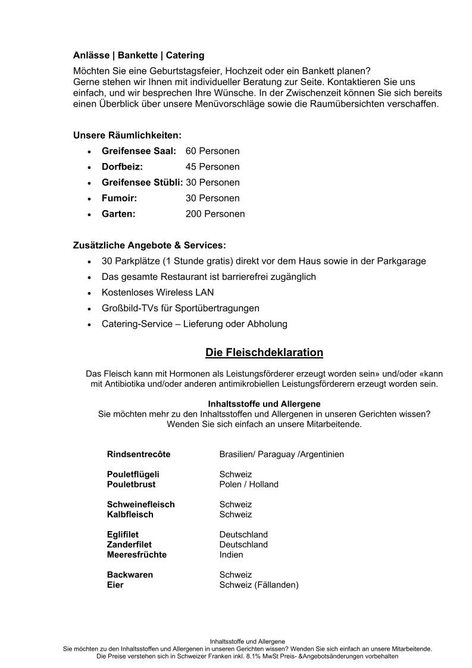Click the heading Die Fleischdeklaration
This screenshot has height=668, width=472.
coord(264,352)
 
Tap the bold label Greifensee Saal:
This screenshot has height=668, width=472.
coord(139,151)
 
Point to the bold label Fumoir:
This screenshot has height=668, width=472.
coord(119,198)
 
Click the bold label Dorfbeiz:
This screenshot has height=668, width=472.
coord(122,167)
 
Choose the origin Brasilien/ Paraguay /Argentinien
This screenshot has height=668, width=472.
coord(281,454)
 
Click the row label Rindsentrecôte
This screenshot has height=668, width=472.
coord(139,454)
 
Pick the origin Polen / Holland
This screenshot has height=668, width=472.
coord(248,485)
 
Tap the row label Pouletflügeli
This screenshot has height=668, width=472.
coord(133,475)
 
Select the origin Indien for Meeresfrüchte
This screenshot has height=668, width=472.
coord(231,555)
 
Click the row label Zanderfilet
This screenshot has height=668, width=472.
coord(129,545)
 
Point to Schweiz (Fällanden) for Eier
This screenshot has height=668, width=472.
coord(258,585)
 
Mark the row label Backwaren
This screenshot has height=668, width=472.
coord(130,575)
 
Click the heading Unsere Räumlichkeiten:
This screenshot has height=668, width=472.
coord(127,135)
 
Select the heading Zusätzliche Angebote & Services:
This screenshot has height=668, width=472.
coord(149,245)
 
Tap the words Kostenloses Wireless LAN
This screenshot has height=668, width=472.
coord(158,293)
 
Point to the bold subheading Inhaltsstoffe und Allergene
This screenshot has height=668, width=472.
coord(264,404)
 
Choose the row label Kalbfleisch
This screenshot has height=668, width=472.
coord(130,514)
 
